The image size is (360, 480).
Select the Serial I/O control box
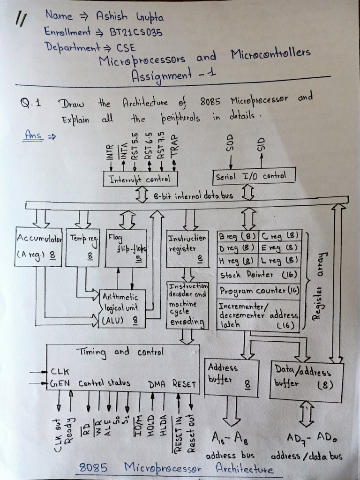[x=255, y=176]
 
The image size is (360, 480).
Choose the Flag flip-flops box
[x=126, y=248]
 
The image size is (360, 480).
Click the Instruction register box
[x=187, y=248]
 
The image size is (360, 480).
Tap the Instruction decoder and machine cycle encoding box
[x=187, y=305]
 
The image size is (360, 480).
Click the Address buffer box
[x=232, y=378]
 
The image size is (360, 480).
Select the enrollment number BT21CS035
[x=133, y=32]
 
